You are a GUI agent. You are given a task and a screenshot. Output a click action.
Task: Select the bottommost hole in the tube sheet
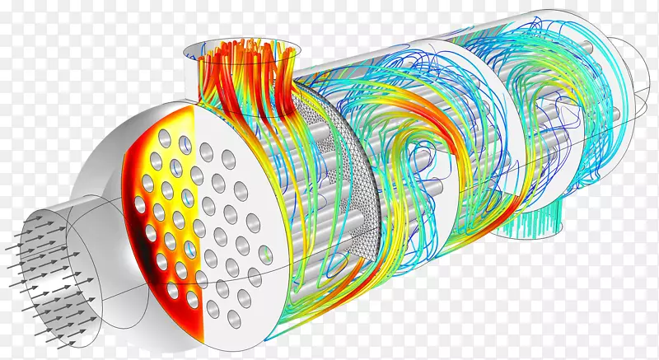click(215, 309)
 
